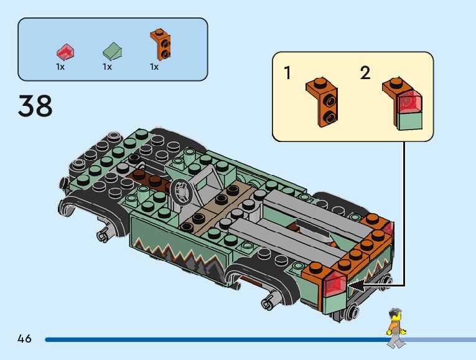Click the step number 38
click(35, 106)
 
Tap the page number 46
click(24, 339)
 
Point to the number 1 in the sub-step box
click(287, 73)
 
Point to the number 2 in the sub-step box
click(365, 73)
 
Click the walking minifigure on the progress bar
click(395, 328)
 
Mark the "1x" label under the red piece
click(60, 67)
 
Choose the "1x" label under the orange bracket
click(154, 67)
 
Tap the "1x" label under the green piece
click(107, 67)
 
